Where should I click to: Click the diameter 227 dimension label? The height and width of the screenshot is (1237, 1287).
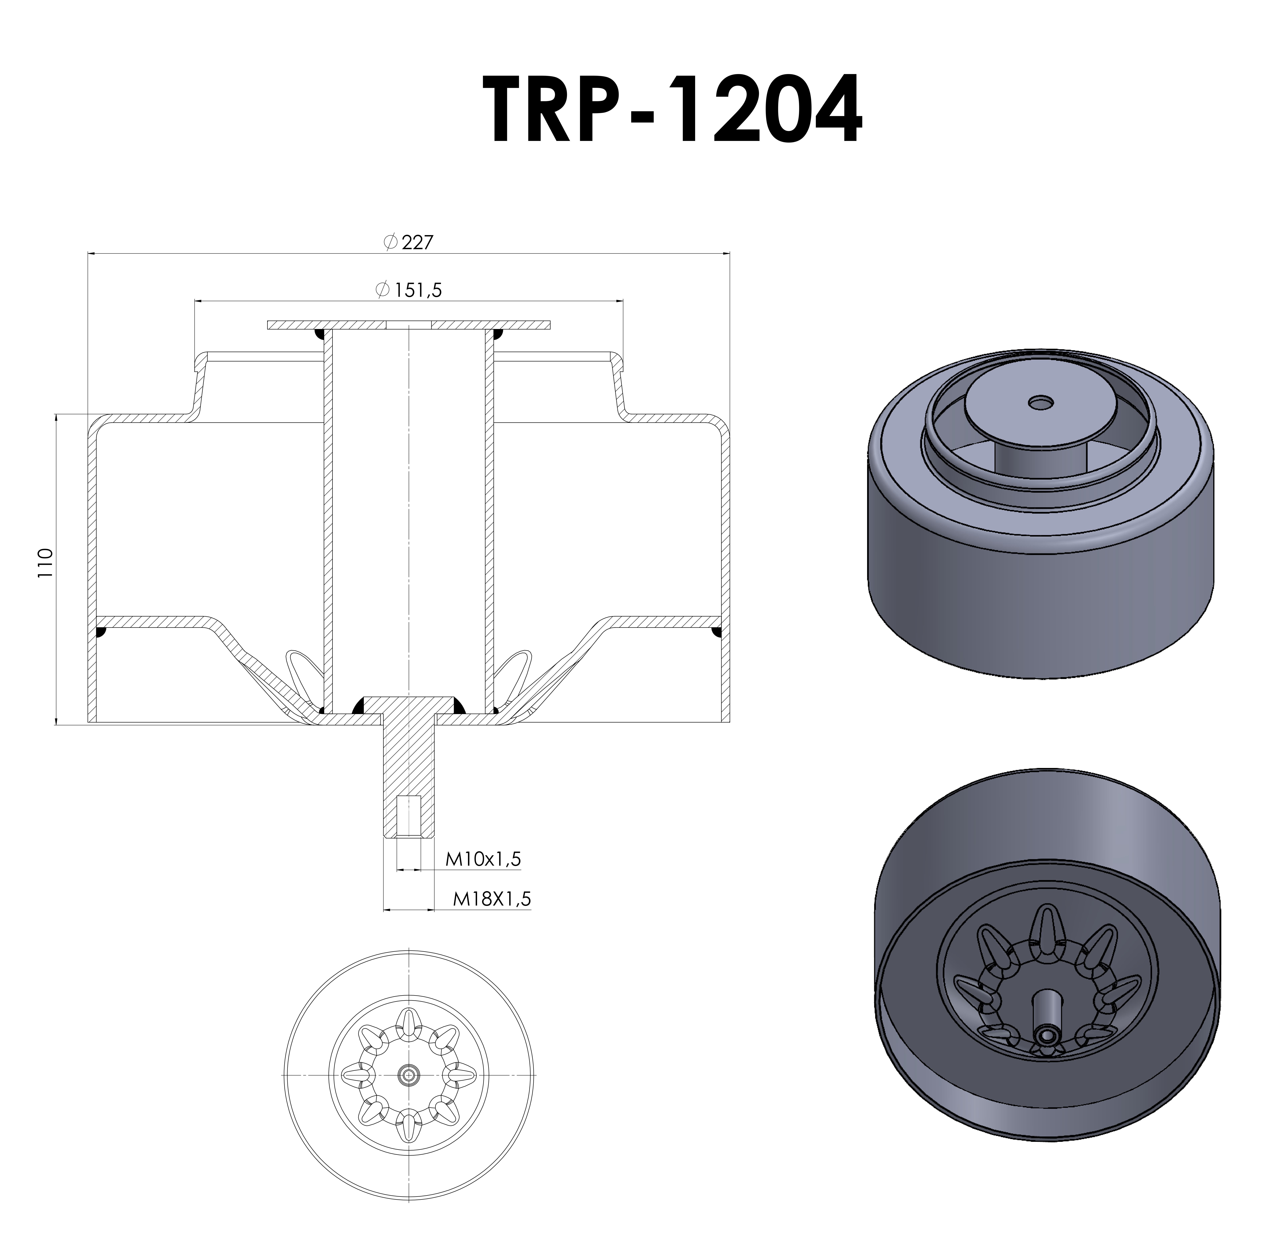click(408, 242)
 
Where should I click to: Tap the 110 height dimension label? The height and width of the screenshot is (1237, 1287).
click(45, 563)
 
